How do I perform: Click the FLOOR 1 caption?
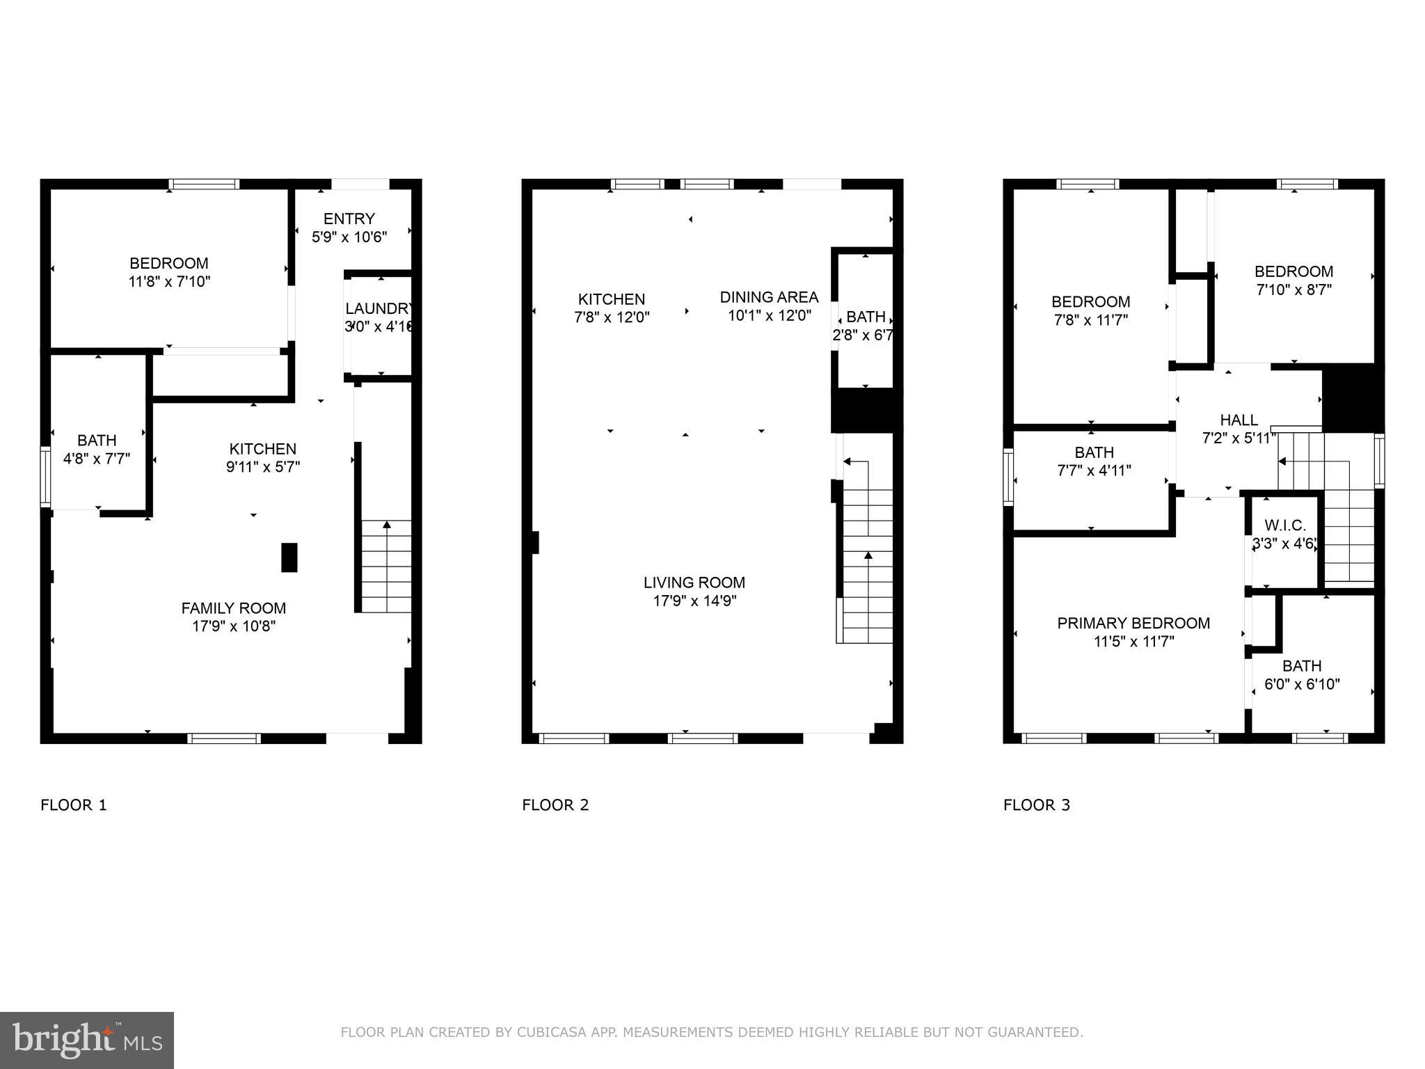click(x=74, y=805)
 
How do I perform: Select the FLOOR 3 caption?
click(x=1036, y=805)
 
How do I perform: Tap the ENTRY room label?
click(x=349, y=219)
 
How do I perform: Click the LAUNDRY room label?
click(x=379, y=308)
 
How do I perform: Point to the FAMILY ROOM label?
click(x=233, y=608)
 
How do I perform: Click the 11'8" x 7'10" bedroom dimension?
click(x=169, y=282)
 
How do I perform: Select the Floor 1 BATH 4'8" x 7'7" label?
click(x=97, y=449)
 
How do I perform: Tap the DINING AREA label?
click(x=769, y=297)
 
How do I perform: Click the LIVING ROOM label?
click(x=694, y=583)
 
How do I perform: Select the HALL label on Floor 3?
click(x=1239, y=420)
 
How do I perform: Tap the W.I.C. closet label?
click(x=1284, y=525)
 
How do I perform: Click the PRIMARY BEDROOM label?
click(x=1133, y=624)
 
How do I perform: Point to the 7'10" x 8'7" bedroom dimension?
click(x=1293, y=290)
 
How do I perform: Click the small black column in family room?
click(x=289, y=557)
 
